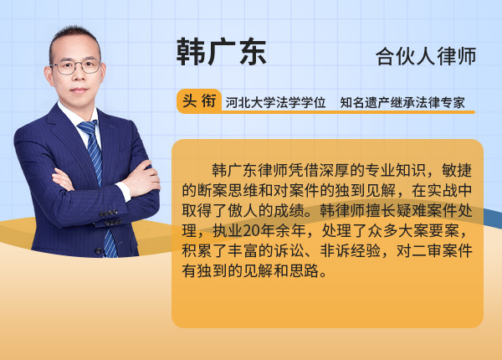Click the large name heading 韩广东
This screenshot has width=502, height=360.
221,52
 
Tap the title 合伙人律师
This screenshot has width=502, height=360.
426,56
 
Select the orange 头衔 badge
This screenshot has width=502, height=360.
199,101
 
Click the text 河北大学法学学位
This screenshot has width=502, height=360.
275,103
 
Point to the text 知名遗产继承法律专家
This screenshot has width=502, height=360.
402,103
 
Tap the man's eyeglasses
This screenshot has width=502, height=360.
76,66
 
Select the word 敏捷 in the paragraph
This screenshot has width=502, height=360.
457,170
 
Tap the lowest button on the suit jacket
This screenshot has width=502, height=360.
98,251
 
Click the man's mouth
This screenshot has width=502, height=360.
79,90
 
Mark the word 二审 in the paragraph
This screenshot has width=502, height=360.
427,251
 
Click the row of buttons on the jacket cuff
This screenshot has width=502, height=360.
109,213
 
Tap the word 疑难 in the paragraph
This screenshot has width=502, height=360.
411,210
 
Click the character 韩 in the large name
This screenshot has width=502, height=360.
191,52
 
